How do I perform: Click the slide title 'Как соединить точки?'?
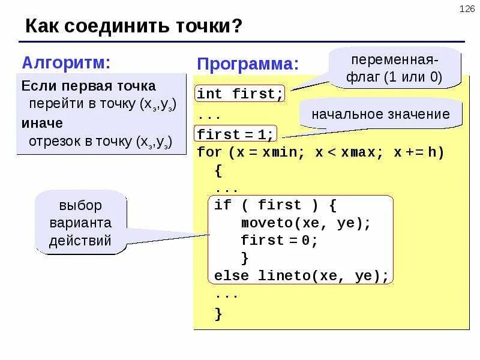click(x=134, y=27)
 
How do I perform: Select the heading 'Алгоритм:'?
click(x=67, y=62)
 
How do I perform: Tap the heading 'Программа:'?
click(x=248, y=64)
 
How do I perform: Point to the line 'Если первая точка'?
click(x=88, y=86)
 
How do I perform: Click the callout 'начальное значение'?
click(x=380, y=114)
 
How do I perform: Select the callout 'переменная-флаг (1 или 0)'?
click(x=396, y=68)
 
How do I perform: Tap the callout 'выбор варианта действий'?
click(x=80, y=223)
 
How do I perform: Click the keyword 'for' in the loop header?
click(x=209, y=152)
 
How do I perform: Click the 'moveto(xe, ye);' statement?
click(x=306, y=223)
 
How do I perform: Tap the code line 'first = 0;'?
click(x=278, y=241)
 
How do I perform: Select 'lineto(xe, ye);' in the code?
click(x=323, y=276)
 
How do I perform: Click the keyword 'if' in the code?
click(x=223, y=205)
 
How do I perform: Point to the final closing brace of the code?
click(x=218, y=313)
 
